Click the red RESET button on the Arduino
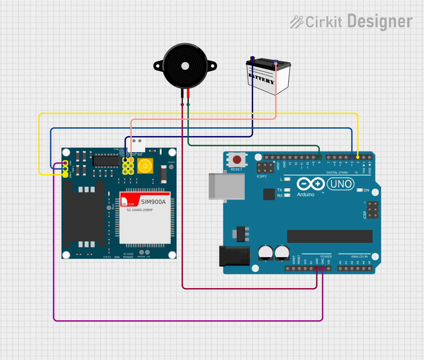coord(237,160)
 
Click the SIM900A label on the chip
coord(153,202)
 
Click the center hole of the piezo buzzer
coord(185,66)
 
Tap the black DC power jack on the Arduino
coord(234,256)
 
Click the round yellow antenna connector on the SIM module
coord(145,166)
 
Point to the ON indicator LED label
coord(366,190)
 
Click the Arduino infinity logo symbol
coord(311,184)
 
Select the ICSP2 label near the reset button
coord(262,176)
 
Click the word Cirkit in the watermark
coord(324,22)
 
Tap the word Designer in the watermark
coord(380,21)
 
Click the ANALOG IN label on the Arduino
coord(359,257)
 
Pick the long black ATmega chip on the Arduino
coord(330,236)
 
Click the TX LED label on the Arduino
coord(280,190)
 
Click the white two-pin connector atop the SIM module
coord(137,143)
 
